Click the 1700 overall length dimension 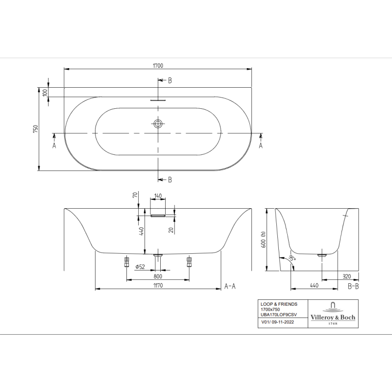click(158, 66)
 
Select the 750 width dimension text click(36, 129)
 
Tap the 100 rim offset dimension click(45, 93)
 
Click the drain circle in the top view click(158, 123)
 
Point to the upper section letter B click(170, 80)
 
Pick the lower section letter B click(170, 180)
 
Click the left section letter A click(54, 145)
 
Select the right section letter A click(261, 145)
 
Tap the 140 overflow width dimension click(158, 196)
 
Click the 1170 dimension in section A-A click(158, 285)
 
